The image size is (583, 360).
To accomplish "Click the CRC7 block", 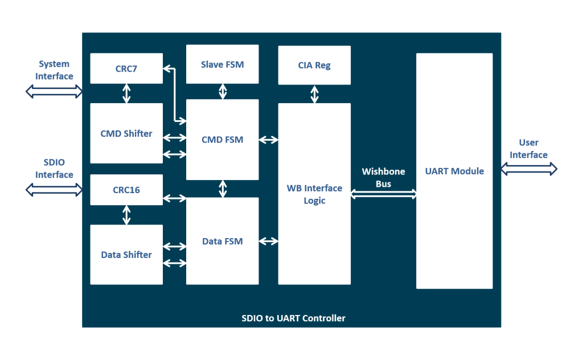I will (x=126, y=69).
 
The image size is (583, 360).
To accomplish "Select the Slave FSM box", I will (x=222, y=64).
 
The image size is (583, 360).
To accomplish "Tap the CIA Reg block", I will (x=314, y=66).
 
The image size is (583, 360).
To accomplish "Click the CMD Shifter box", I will (x=126, y=133).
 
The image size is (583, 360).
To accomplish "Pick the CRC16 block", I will (x=126, y=190).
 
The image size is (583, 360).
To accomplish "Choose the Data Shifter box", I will (x=126, y=255).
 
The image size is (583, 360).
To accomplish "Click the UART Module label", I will (x=454, y=171).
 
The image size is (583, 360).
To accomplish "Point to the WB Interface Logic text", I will (x=314, y=194).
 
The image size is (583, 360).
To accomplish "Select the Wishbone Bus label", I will (x=383, y=177).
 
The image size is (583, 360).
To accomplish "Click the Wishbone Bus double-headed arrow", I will (x=383, y=194).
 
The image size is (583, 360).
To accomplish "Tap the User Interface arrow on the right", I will (x=528, y=169).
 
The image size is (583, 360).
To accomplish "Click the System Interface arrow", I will (x=54, y=91).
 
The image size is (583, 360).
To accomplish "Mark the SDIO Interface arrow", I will (x=54, y=190).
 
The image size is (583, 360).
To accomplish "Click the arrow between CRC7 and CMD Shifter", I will (x=126, y=93).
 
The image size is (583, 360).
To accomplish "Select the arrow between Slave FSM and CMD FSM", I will (x=223, y=91).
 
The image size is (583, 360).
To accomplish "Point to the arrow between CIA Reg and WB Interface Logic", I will (x=314, y=94).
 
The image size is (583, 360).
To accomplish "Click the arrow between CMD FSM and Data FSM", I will (x=223, y=189).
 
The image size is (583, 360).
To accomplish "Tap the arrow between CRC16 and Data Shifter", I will (x=126, y=215).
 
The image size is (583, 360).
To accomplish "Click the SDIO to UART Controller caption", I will (x=293, y=318).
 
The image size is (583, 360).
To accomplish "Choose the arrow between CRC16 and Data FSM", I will (x=174, y=198).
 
